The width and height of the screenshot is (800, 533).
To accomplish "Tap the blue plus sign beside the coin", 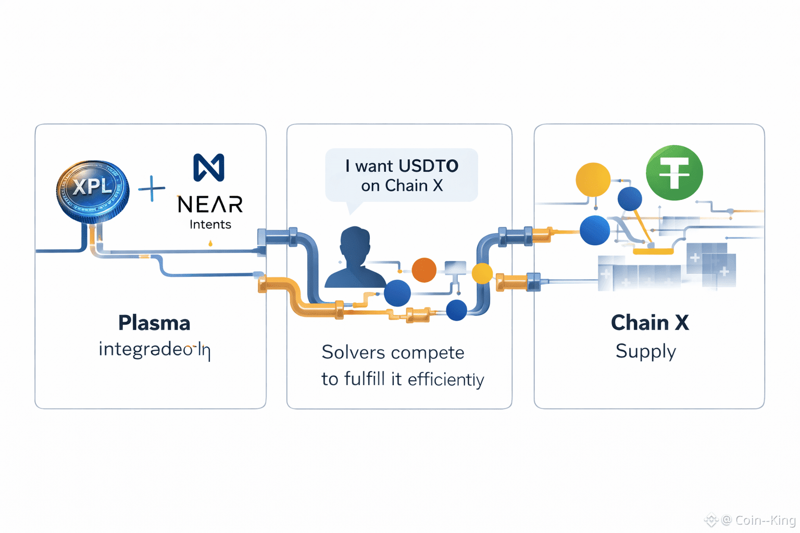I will [x=152, y=188].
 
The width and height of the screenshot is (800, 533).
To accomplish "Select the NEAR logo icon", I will [x=209, y=168].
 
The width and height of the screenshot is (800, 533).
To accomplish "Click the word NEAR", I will [x=210, y=205].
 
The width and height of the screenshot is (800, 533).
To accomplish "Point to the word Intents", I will [x=210, y=224].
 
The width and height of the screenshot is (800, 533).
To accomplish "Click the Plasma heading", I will [x=154, y=323].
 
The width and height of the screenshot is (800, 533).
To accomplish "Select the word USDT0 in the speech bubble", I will [x=429, y=166].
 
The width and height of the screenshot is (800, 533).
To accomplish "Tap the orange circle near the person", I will [x=424, y=270].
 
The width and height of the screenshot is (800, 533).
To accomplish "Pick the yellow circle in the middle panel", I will [x=482, y=273].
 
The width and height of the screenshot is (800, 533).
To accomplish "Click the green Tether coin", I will [x=674, y=173].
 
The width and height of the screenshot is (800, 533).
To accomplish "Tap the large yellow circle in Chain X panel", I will [x=593, y=180].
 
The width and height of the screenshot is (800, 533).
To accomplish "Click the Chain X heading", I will [x=649, y=323].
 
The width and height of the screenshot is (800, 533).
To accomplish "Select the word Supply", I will [x=646, y=351].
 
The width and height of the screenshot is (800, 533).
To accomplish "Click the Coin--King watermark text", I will [x=765, y=520].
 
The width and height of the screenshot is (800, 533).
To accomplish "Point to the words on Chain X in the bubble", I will [x=402, y=186].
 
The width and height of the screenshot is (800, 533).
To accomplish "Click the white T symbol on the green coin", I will [x=674, y=173].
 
